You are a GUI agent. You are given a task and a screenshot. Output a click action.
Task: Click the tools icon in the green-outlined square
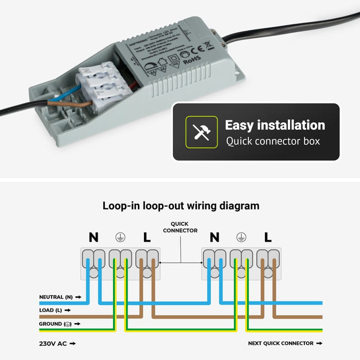[198, 132]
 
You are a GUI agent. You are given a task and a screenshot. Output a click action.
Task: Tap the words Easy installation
[275, 125]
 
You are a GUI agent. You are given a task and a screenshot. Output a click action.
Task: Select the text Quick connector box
[273, 141]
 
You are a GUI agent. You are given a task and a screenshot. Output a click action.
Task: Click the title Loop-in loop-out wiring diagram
[181, 206]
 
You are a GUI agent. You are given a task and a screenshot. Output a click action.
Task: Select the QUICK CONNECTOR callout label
[180, 227]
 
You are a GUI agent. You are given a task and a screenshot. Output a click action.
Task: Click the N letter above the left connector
[93, 237]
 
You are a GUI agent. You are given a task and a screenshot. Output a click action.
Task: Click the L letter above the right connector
[267, 237]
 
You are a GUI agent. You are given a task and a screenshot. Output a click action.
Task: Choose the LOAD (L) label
[51, 311]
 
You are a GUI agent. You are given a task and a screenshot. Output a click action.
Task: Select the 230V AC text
[53, 343]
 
